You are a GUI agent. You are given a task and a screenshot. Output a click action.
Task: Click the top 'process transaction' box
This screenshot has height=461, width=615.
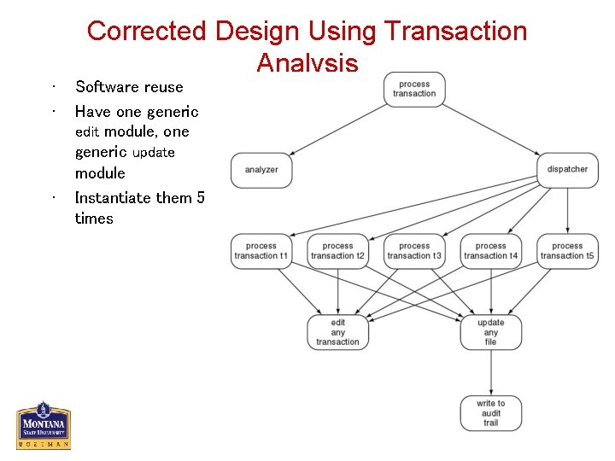[414, 89]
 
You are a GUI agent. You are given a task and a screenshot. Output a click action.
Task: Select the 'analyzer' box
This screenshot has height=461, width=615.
[261, 170]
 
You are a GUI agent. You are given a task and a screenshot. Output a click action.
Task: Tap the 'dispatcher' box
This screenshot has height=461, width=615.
[567, 169]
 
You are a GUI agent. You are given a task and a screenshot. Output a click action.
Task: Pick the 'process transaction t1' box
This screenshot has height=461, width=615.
[261, 251]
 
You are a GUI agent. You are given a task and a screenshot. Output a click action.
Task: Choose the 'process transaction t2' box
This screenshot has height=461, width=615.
[337, 251]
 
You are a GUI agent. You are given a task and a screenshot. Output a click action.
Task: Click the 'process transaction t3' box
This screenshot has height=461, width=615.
[414, 251]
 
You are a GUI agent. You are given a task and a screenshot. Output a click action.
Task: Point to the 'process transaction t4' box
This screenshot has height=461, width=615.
[490, 251]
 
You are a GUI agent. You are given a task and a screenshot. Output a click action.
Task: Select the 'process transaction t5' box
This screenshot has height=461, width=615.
[567, 251]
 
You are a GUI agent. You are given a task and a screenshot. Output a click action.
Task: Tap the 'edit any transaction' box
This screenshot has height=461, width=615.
[337, 332]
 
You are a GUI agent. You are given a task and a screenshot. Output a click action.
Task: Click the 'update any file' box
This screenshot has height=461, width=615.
[490, 332]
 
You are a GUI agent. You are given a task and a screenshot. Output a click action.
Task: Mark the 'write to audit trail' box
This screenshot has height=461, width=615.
[490, 413]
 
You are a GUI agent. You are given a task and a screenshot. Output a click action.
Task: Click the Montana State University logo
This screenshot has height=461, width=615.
[43, 425]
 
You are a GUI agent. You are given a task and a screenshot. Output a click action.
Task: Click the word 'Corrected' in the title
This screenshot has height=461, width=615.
[148, 32]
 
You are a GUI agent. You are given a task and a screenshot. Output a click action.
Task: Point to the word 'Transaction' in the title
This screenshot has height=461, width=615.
[455, 32]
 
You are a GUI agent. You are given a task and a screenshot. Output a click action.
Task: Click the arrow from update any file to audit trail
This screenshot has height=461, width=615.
[490, 372]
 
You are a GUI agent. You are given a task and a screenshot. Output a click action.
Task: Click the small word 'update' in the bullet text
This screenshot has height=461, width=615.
[154, 153]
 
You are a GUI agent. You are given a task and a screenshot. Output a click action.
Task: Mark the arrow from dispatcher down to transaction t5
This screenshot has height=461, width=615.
[567, 210]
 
